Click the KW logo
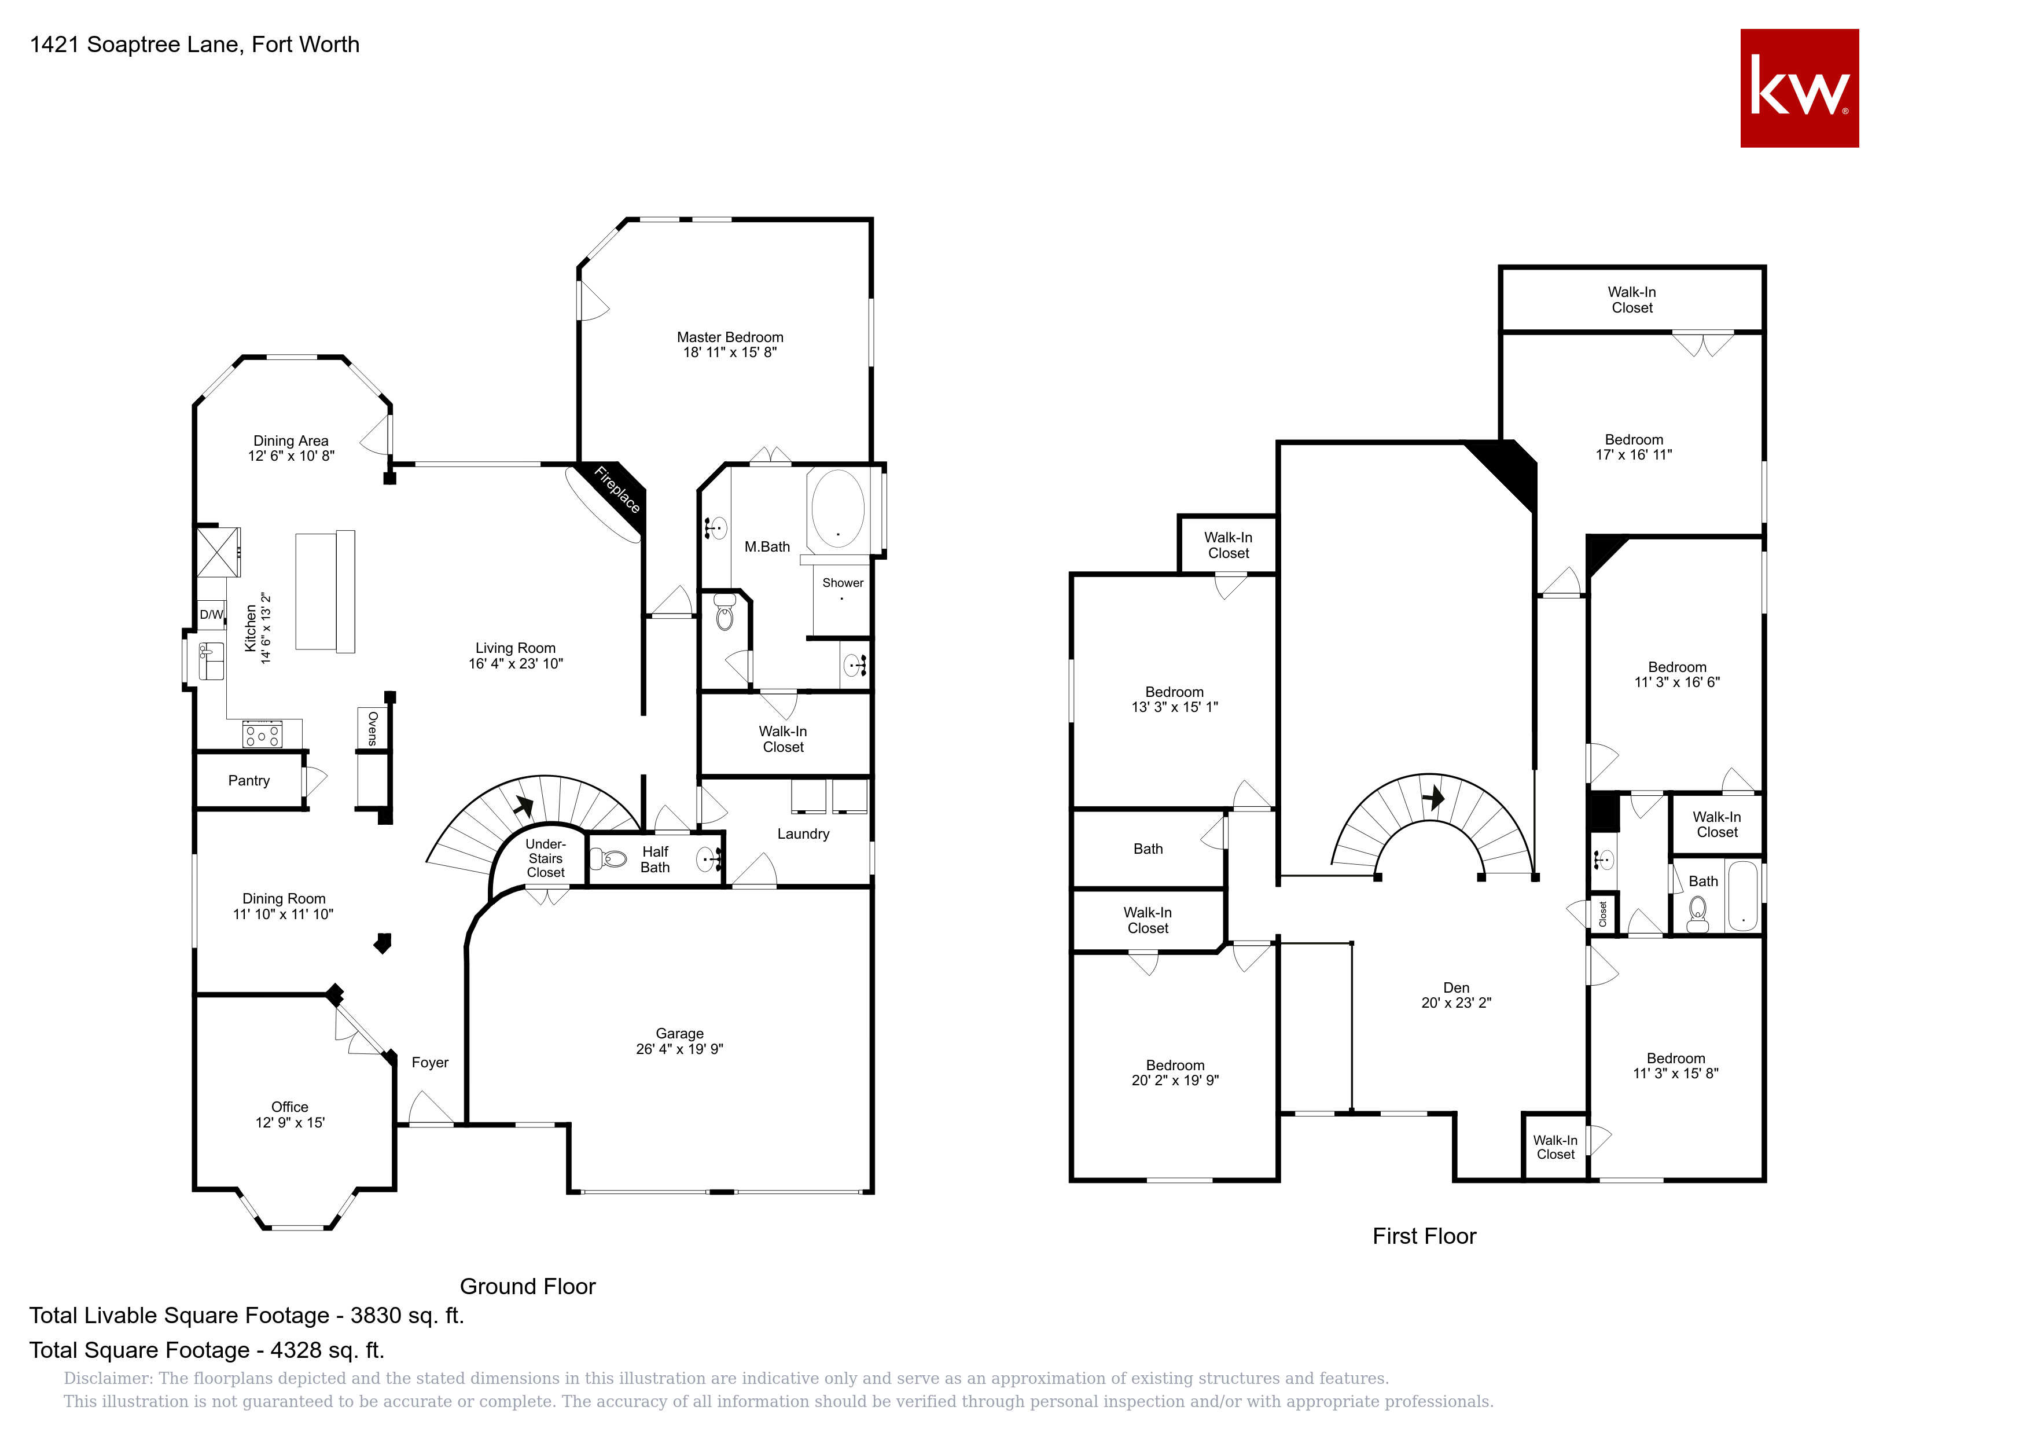tap(1799, 89)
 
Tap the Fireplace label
tap(617, 489)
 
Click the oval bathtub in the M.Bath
tap(837, 508)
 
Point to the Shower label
tap(843, 583)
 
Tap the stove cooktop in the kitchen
tap(263, 734)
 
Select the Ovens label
tap(372, 729)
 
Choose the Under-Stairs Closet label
tap(546, 858)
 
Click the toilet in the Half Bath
tap(608, 858)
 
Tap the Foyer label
tap(430, 1063)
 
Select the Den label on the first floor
tap(1456, 987)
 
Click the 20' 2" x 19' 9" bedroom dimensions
tap(1175, 1079)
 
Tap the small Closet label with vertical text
tap(1602, 915)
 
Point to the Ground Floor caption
tap(528, 1287)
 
